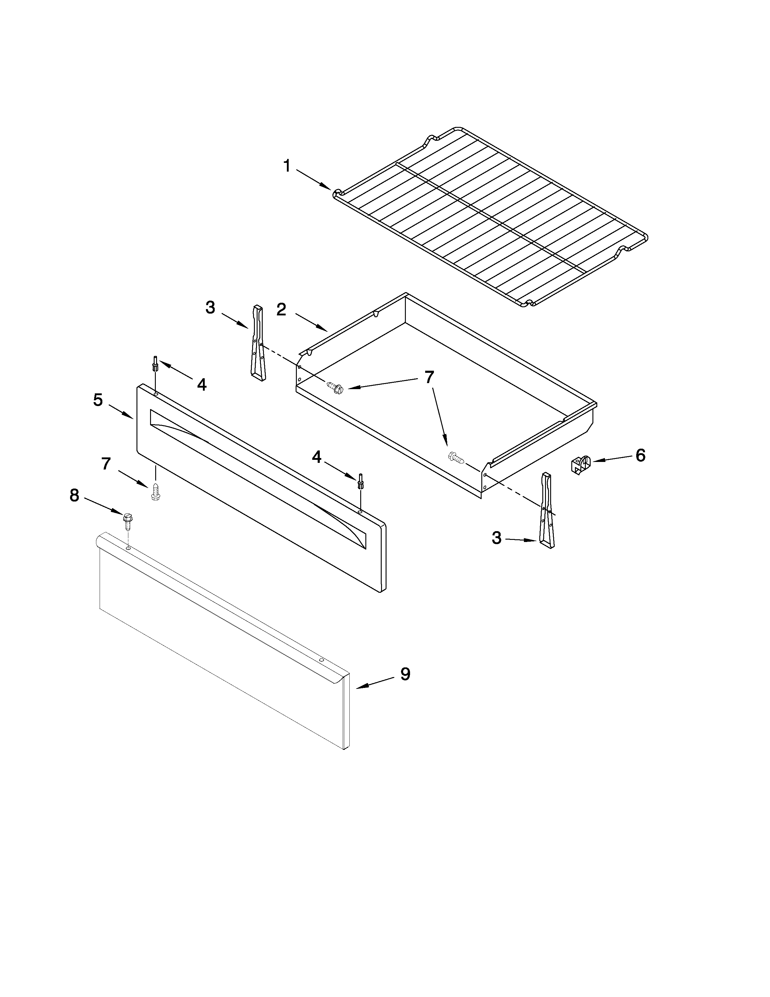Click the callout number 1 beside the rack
tap(287, 166)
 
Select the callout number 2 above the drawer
tap(281, 309)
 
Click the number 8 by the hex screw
tap(74, 495)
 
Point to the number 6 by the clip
tap(640, 455)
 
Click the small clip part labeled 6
tap(581, 466)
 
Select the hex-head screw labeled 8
tap(127, 521)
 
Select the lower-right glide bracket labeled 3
tap(547, 510)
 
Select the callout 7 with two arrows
tap(429, 378)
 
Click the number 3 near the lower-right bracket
tap(496, 538)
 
